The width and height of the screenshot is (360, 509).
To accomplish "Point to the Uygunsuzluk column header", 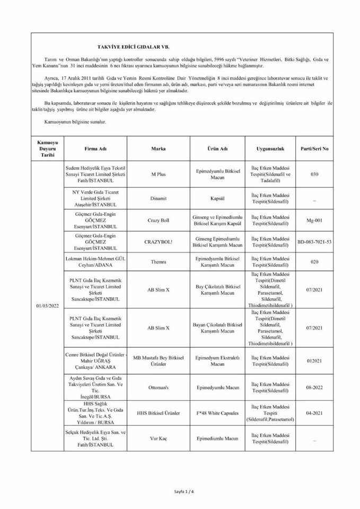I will click(270, 149).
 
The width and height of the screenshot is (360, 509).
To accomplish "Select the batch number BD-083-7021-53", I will click(314, 242).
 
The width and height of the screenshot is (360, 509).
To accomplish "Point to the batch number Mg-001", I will click(314, 221).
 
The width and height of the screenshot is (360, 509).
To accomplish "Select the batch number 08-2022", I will click(314, 388).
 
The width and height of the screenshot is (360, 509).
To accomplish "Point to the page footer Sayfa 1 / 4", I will click(184, 492).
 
